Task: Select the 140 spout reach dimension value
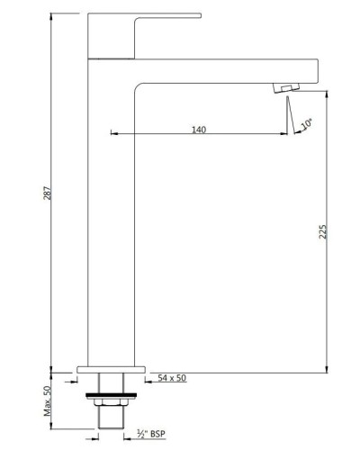(199, 130)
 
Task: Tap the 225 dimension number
(323, 231)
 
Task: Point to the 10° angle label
(308, 121)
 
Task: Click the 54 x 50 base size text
(171, 379)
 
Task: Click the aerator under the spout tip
(285, 86)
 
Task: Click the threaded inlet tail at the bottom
(110, 423)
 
